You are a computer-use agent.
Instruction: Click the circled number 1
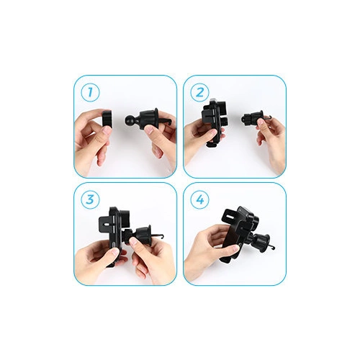pos(90,92)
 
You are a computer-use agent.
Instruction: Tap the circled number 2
pos(199,92)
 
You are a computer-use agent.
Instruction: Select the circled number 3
pos(90,199)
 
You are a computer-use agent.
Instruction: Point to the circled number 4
pos(199,199)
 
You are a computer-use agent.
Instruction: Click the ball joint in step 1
pos(130,120)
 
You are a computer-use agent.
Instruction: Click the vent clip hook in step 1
pos(166,122)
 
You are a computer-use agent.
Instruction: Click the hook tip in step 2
pos(270,117)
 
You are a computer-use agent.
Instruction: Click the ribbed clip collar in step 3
pos(143,235)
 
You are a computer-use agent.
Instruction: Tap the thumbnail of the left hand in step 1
pos(107,131)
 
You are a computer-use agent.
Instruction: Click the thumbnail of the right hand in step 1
pos(149,130)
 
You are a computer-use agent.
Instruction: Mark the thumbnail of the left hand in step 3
pos(114,252)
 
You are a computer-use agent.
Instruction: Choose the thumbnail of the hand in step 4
pos(234,248)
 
